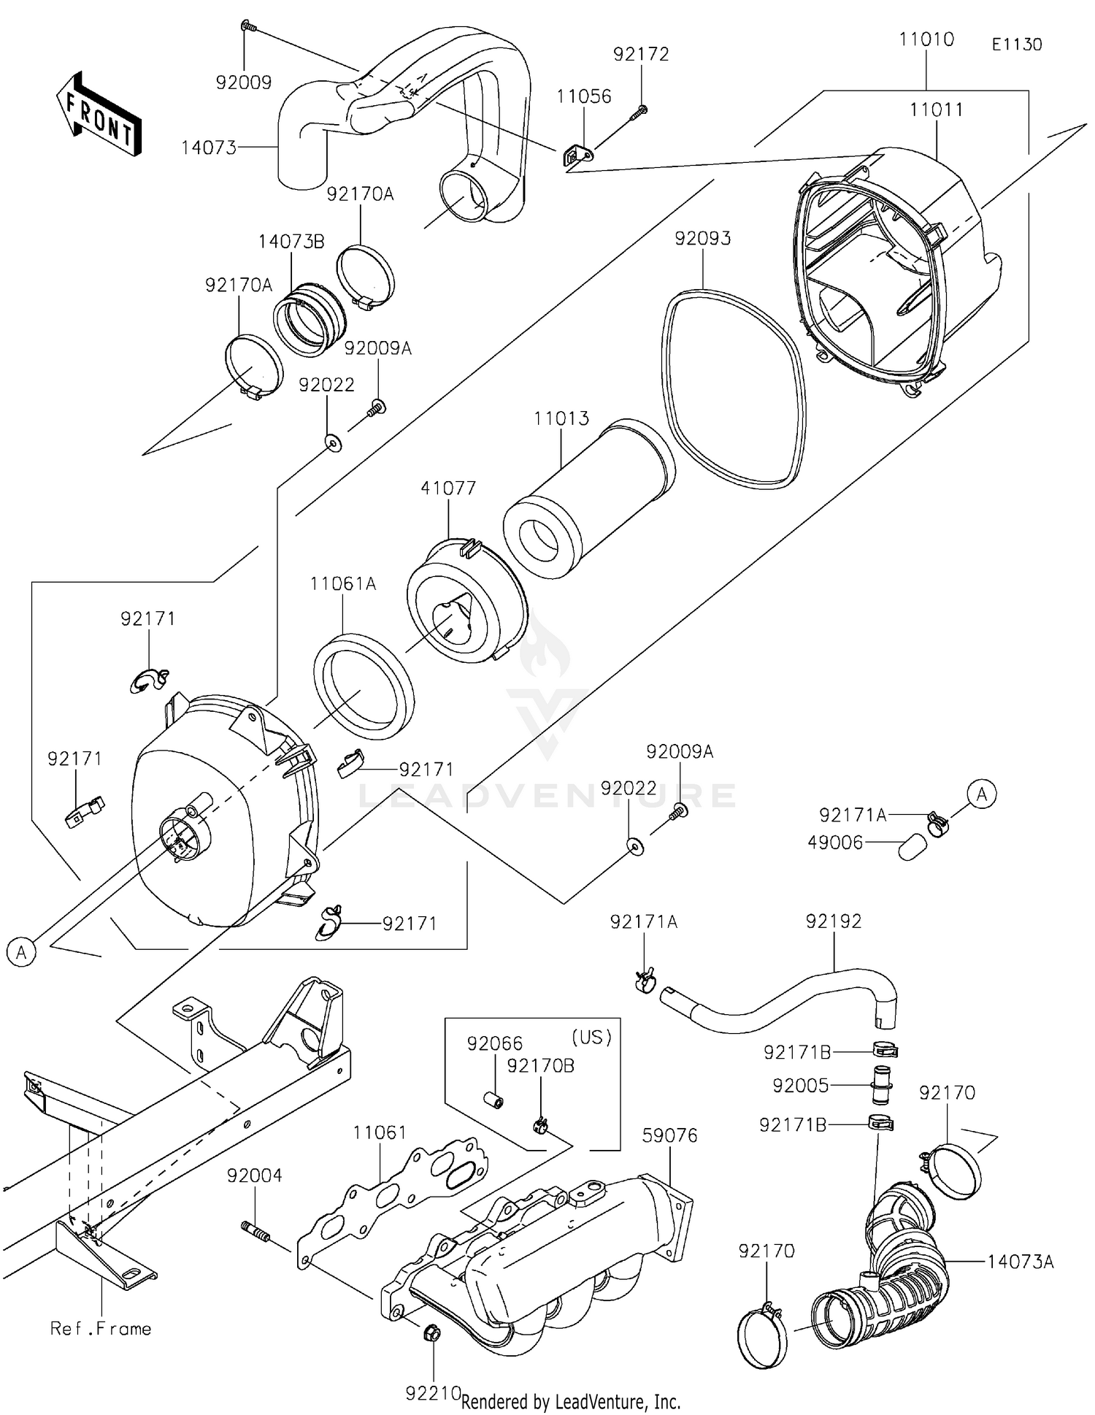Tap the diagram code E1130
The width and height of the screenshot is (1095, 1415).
[1016, 45]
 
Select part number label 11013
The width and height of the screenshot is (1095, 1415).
[561, 419]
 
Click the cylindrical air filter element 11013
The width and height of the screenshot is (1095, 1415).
[588, 497]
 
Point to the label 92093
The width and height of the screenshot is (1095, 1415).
[702, 239]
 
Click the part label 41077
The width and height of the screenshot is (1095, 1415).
[448, 488]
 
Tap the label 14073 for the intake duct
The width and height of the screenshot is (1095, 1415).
[209, 148]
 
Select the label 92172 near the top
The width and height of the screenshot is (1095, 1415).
[641, 54]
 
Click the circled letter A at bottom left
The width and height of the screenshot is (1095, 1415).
[21, 952]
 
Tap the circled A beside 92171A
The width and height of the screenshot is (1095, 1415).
[981, 794]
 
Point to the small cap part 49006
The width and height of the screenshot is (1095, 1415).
[912, 848]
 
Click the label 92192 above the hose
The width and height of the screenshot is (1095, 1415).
[833, 921]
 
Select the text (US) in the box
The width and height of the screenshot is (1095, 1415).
[591, 1038]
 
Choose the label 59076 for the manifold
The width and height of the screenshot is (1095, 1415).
[669, 1135]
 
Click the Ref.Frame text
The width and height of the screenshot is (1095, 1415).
[101, 1328]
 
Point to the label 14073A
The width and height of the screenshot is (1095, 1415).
[1021, 1261]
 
